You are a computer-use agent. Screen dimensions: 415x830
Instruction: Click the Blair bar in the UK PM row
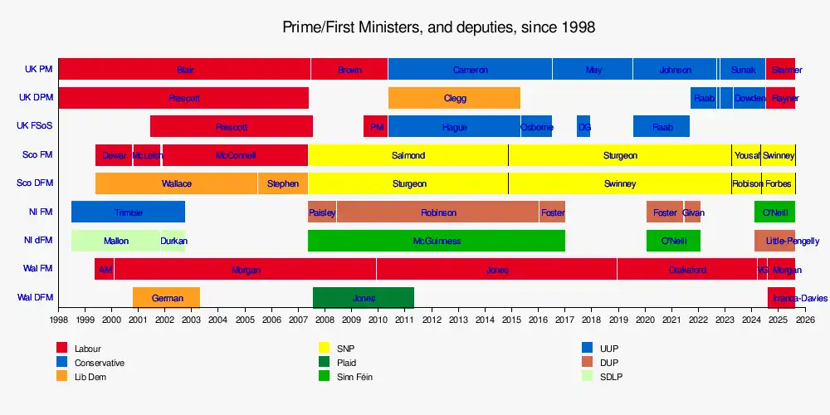[x=184, y=70]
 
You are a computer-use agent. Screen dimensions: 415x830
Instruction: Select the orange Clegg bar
[x=454, y=98]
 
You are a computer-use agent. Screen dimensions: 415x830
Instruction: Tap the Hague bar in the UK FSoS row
[x=454, y=127]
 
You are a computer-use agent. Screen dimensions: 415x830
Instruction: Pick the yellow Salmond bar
[x=408, y=155]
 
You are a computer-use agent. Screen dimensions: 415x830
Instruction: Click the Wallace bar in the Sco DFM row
[x=176, y=183]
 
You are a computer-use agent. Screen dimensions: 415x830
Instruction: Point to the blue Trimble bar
[x=128, y=212]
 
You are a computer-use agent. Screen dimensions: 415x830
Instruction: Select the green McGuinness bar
[x=436, y=241]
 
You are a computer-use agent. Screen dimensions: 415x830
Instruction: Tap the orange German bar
[x=167, y=298]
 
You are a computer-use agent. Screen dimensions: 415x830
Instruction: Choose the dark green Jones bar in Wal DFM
[x=364, y=298]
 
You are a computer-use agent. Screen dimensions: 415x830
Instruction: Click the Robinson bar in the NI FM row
[x=438, y=212]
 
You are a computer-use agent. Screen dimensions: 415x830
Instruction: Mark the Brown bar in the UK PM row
[x=349, y=70]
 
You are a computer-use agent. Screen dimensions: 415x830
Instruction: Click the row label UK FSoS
[x=35, y=126]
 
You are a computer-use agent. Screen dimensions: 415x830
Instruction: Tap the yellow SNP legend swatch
[x=325, y=349]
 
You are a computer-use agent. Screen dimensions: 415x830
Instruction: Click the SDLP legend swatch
[x=587, y=377]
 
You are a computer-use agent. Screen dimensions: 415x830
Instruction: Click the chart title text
[x=439, y=27]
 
